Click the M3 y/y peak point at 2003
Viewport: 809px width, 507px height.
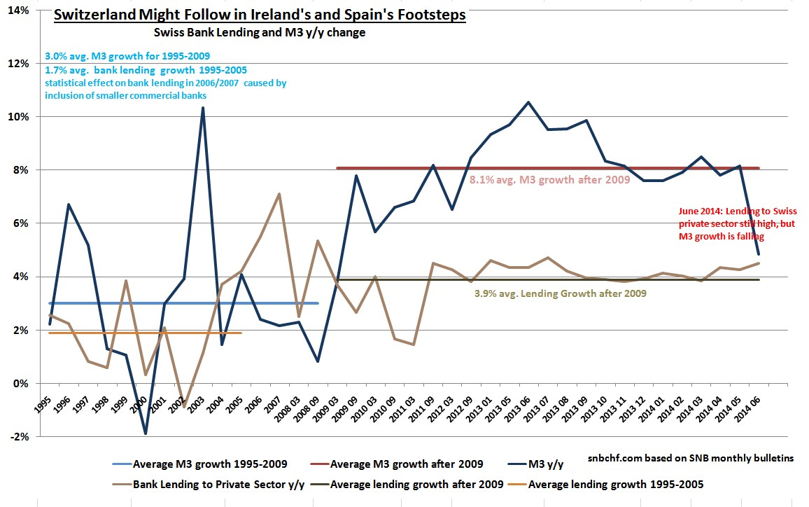tap(203, 108)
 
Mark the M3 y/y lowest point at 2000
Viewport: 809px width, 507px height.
tap(146, 434)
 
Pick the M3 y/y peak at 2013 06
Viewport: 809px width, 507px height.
tap(528, 102)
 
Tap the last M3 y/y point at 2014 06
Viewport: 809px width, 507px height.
tap(759, 254)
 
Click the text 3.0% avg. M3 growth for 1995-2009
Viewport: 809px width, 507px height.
tap(129, 56)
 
